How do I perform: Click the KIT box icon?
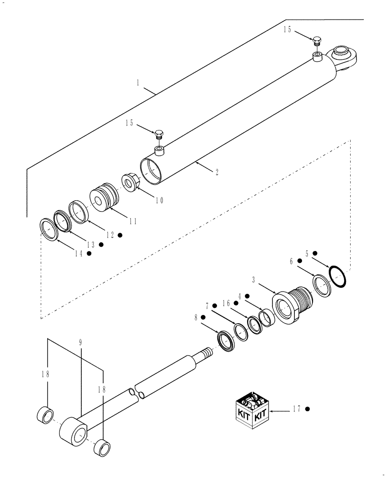(x=253, y=409)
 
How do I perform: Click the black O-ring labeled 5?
(x=337, y=277)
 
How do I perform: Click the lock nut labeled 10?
(x=130, y=182)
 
